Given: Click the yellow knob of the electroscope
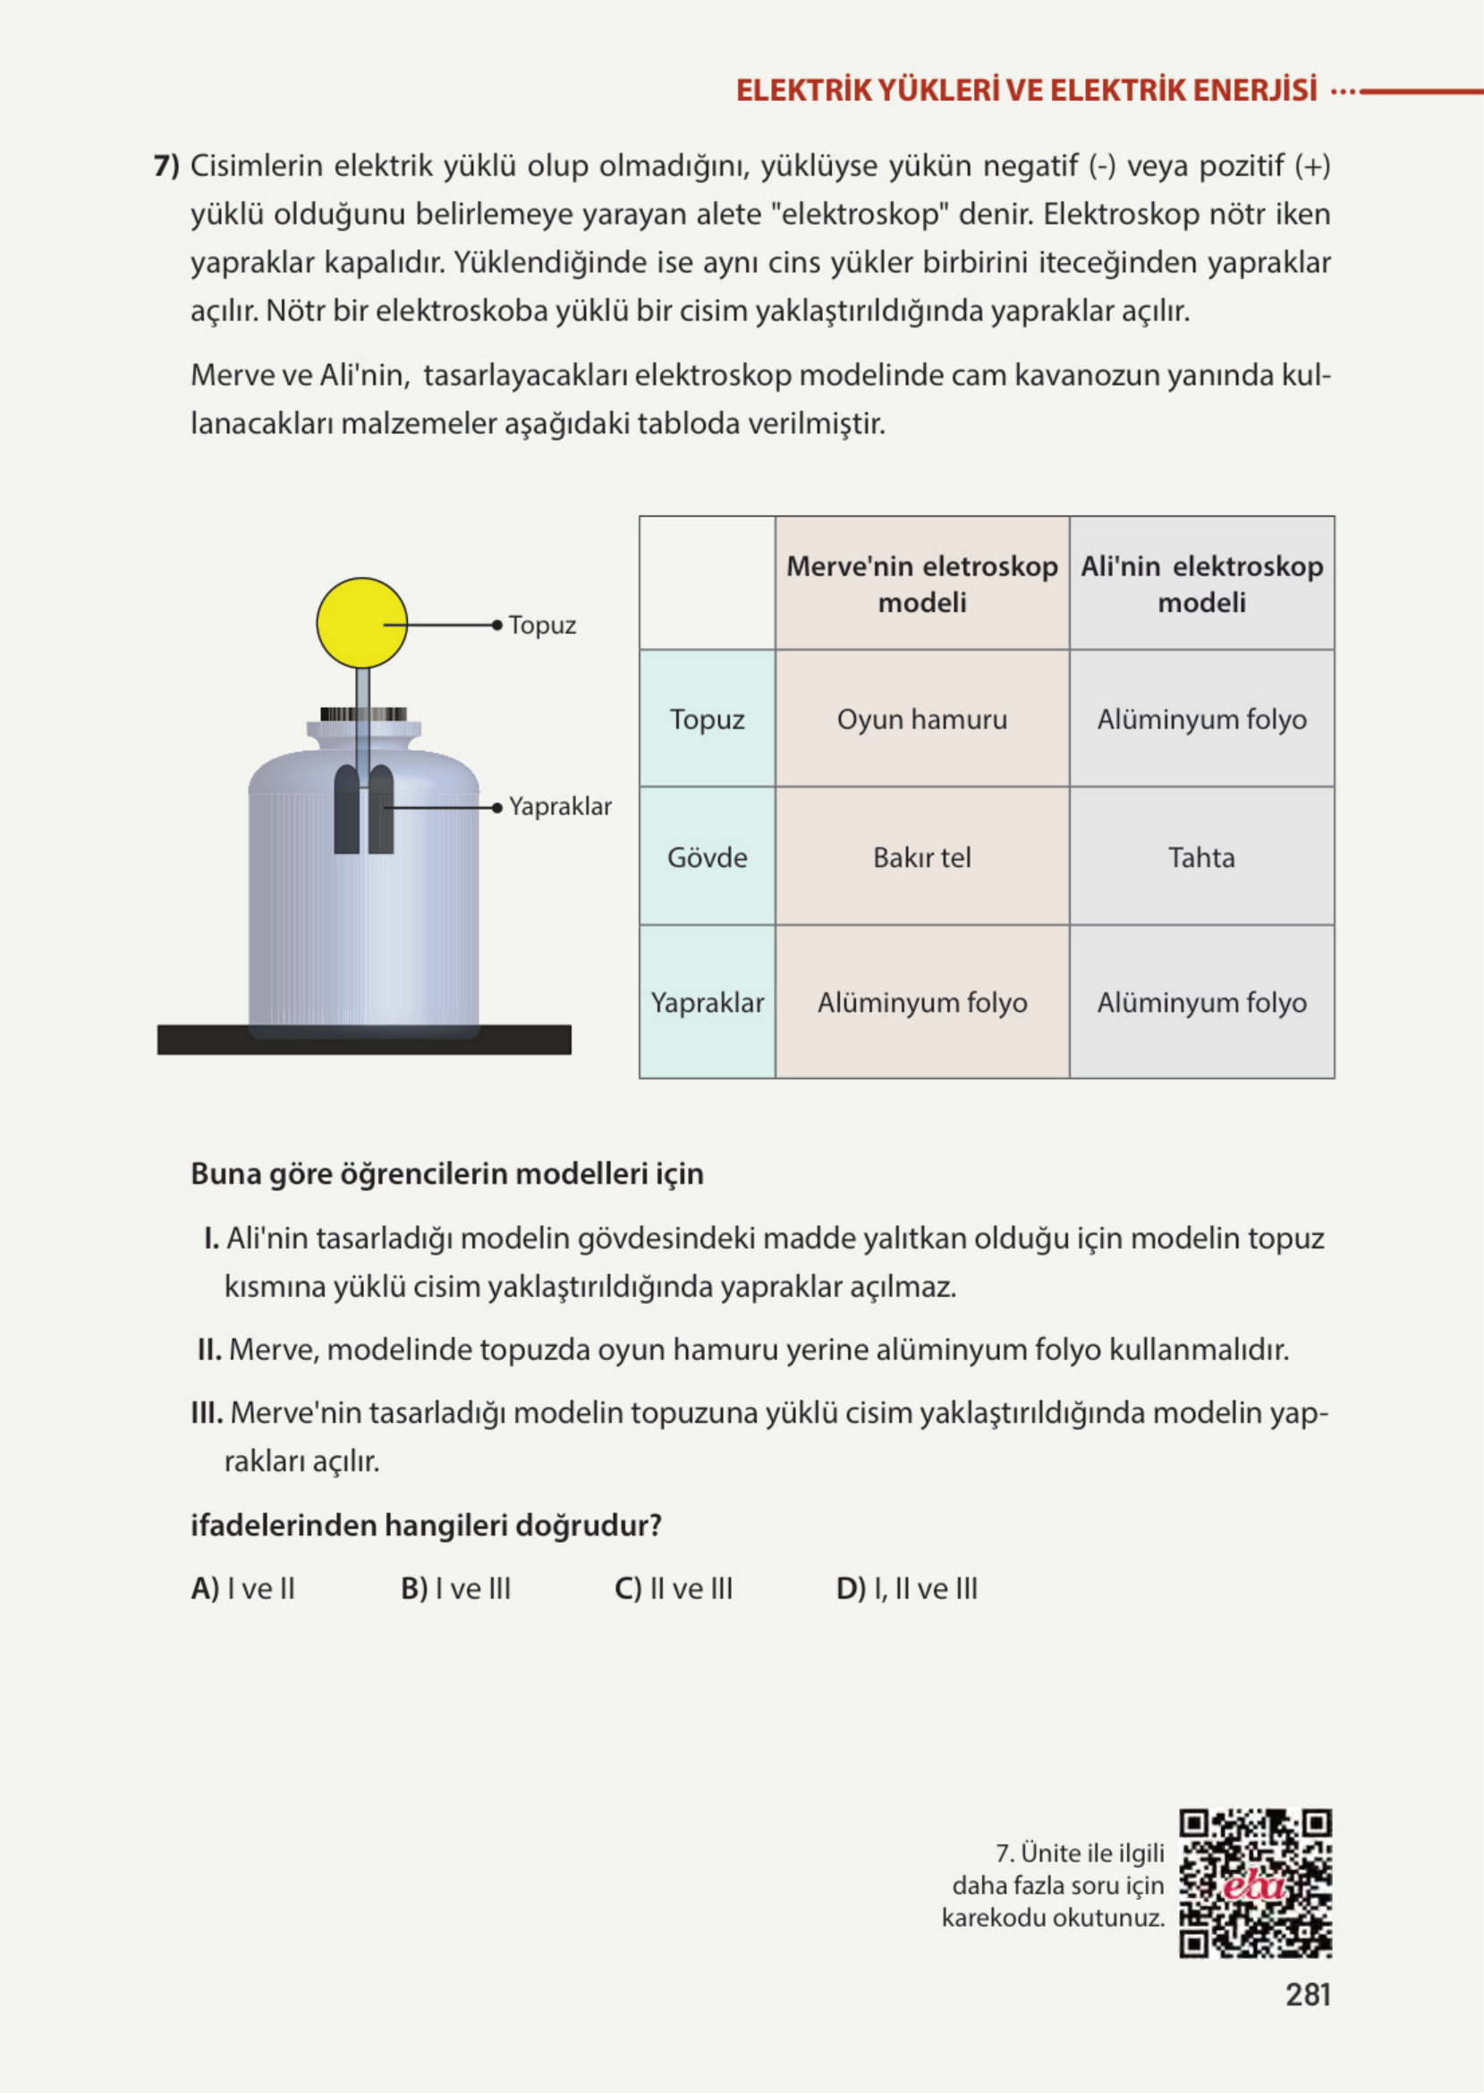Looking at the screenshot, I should tap(362, 623).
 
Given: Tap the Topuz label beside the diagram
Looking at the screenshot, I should tap(542, 626).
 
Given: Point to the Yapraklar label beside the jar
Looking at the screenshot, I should tap(559, 806).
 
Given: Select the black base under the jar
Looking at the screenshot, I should tap(364, 1039).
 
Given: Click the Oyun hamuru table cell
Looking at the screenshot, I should tap(922, 719).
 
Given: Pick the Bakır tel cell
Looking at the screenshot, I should tap(922, 857).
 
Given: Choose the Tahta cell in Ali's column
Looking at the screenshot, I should tap(1200, 857).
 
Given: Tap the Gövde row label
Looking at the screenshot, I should tap(707, 857).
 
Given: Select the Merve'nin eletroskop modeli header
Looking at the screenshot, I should tap(922, 584).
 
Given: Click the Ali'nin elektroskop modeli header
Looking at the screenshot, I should tap(1200, 584).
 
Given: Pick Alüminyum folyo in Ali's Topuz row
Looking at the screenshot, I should tap(1200, 719).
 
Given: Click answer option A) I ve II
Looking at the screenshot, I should tap(243, 1588).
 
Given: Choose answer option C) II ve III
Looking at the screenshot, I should tap(674, 1588).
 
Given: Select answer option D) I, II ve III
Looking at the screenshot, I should tap(906, 1588).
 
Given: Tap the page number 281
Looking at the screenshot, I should tap(1308, 1995).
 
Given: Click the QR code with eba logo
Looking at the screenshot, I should tap(1255, 1884).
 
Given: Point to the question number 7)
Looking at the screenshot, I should tap(166, 166).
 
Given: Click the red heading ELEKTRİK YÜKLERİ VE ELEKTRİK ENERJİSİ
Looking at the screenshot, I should tap(1026, 90).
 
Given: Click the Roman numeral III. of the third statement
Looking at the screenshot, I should tap(207, 1413).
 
